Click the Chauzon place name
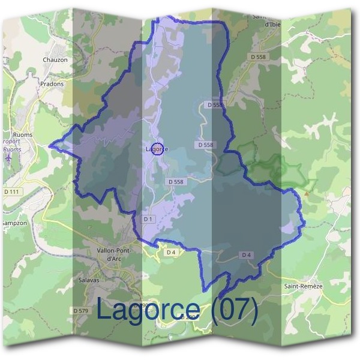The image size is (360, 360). pos(55,59)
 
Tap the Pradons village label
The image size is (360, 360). pos(52,84)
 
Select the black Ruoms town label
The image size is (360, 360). pos(22,135)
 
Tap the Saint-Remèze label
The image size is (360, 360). pos(303,286)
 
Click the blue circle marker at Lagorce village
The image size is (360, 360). pos(157,149)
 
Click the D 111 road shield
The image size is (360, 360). pos(11,191)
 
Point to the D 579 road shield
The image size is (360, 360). pos(81,310)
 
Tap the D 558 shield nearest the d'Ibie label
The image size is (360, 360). pos(257,57)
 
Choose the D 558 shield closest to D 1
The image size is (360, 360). pos(176,181)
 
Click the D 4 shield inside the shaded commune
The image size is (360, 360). pos(245,255)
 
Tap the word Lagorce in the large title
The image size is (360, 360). pos(148,310)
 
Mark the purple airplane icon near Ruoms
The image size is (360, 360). pos(8,157)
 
